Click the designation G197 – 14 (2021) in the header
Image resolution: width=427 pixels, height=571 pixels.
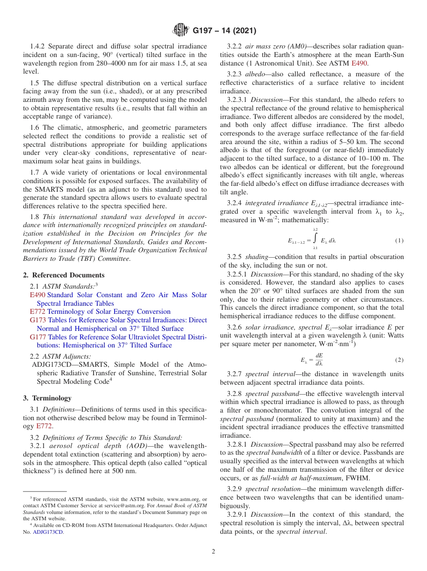(x=224, y=31)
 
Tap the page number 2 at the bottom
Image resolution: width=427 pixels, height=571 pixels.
(x=213, y=551)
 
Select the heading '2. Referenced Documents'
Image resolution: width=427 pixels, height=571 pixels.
(x=64, y=275)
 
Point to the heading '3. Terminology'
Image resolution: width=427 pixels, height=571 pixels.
(x=47, y=398)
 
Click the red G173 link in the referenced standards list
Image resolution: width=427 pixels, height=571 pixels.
(x=38, y=320)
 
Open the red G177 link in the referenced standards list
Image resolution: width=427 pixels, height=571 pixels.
(x=38, y=337)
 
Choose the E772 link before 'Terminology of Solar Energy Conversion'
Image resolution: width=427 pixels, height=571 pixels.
(x=37, y=312)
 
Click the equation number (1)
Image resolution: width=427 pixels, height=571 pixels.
(x=399, y=241)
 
